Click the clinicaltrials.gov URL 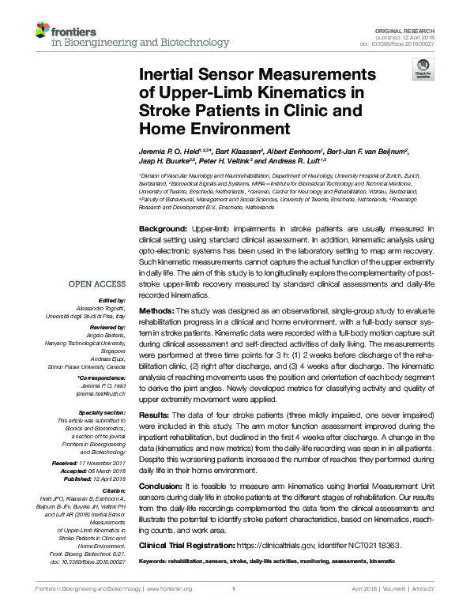pos(281,545)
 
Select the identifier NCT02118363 pos(369,545)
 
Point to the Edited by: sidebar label pos(113,300)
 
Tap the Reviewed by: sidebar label pos(108,327)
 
